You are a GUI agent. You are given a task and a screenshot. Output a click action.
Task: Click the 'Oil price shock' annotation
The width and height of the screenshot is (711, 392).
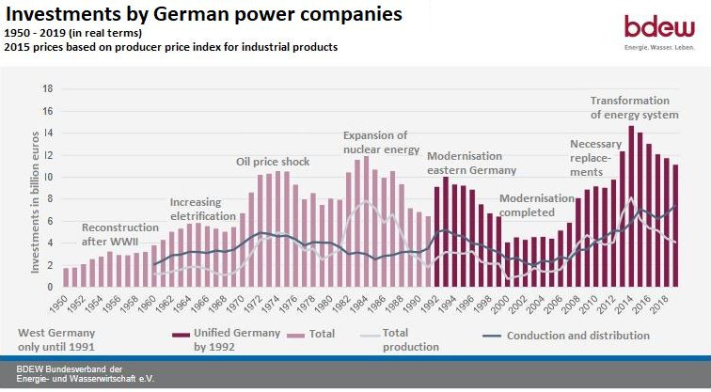(x=272, y=162)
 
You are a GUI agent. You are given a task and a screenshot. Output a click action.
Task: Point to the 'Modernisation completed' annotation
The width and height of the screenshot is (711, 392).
(x=536, y=205)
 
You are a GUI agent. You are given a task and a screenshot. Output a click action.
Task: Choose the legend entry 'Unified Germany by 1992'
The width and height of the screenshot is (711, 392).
(x=235, y=339)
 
